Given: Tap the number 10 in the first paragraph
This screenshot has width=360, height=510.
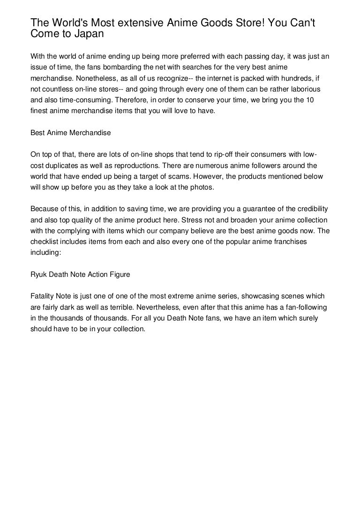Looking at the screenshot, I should (325, 102).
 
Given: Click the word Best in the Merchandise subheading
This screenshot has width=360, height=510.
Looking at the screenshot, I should (37, 133).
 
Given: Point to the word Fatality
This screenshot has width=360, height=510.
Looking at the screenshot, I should (42, 297).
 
